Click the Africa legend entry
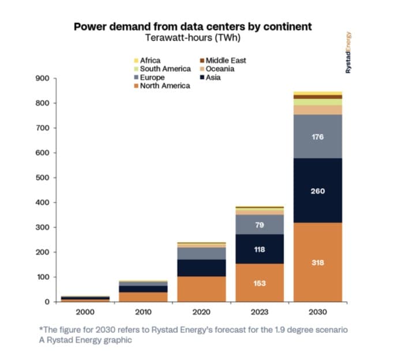(150, 60)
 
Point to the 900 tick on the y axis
(44, 78)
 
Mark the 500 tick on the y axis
(44, 177)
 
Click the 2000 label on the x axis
(85, 312)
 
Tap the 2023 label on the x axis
(259, 312)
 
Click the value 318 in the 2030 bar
(317, 263)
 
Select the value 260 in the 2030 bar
(317, 191)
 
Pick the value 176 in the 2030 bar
(317, 138)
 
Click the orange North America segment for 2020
(201, 289)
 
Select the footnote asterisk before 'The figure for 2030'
(42, 330)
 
